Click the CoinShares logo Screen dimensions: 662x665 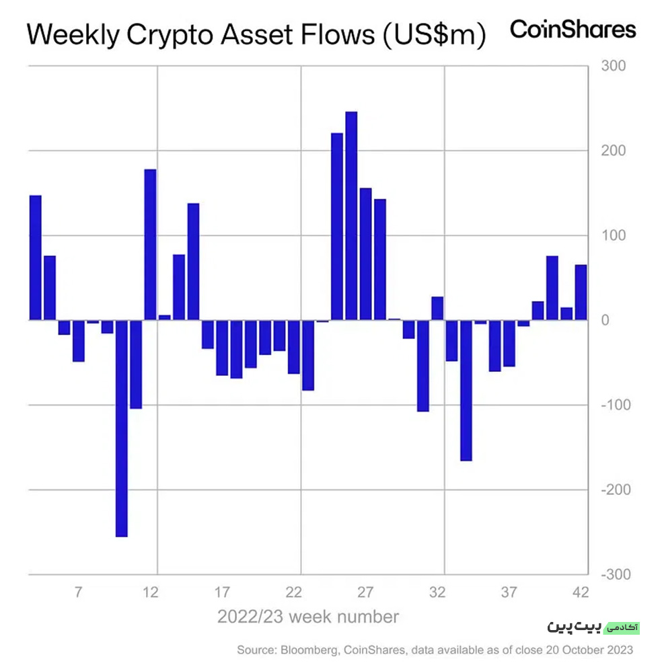click(573, 30)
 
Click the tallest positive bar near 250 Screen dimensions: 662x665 click(351, 216)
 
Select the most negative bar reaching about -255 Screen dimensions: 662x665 click(121, 428)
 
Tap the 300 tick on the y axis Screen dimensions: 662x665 click(613, 66)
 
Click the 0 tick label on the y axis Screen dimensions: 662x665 click(605, 320)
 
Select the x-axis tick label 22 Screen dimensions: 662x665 click(293, 592)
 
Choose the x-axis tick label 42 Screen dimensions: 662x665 click(581, 592)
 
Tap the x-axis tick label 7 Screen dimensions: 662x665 click(78, 592)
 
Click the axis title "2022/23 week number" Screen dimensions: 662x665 click(308, 617)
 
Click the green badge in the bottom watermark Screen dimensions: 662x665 click(622, 627)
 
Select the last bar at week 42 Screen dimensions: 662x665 click(581, 292)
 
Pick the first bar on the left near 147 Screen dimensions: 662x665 click(35, 258)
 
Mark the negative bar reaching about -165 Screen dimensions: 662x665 click(466, 391)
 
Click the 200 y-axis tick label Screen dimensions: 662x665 click(613, 151)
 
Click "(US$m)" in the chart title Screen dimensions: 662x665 click(434, 35)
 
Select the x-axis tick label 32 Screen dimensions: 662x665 click(437, 592)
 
